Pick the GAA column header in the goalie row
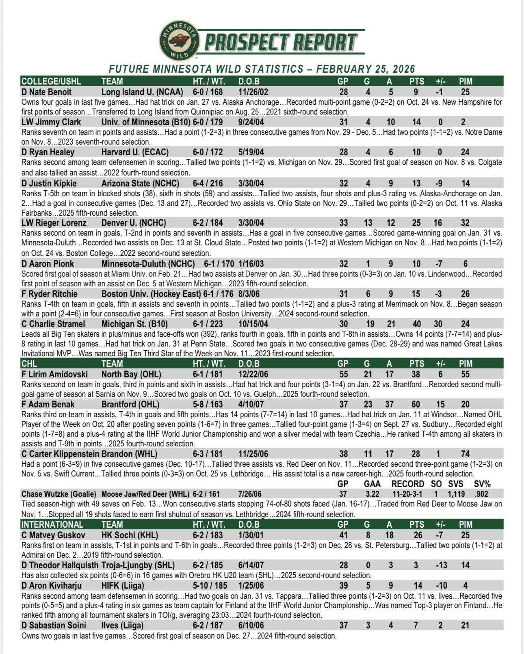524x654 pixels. pos(372,484)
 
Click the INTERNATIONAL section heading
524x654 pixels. pos(52,524)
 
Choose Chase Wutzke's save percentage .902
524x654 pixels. pos(482,494)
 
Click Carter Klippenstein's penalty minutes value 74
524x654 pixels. pos(465,454)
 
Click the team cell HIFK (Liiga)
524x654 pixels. pos(123,586)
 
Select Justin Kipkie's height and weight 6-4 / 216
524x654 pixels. pos(208,184)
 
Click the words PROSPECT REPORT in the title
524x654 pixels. pos(280,42)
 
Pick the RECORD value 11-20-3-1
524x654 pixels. pos(407,494)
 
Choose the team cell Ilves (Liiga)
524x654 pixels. pos(122,626)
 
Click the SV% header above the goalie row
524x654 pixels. pos(482,484)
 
